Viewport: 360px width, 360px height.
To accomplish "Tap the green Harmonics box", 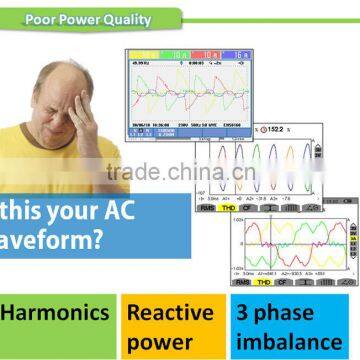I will [57, 313].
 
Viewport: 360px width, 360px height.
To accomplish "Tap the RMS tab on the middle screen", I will [208, 198].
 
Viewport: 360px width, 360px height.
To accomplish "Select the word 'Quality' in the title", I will [131, 17].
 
